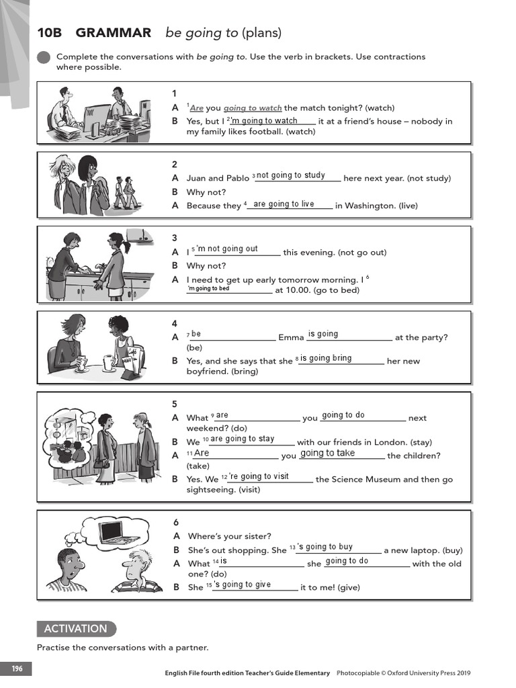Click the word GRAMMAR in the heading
click(114, 33)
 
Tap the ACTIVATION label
click(75, 629)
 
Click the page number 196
click(16, 669)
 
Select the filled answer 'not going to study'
click(291, 175)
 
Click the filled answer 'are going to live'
click(284, 204)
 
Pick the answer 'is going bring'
click(326, 358)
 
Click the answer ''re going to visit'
click(259, 476)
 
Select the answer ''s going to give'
click(243, 585)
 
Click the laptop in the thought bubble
click(110, 531)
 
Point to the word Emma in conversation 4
click(291, 337)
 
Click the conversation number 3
click(175, 238)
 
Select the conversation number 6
click(175, 522)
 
